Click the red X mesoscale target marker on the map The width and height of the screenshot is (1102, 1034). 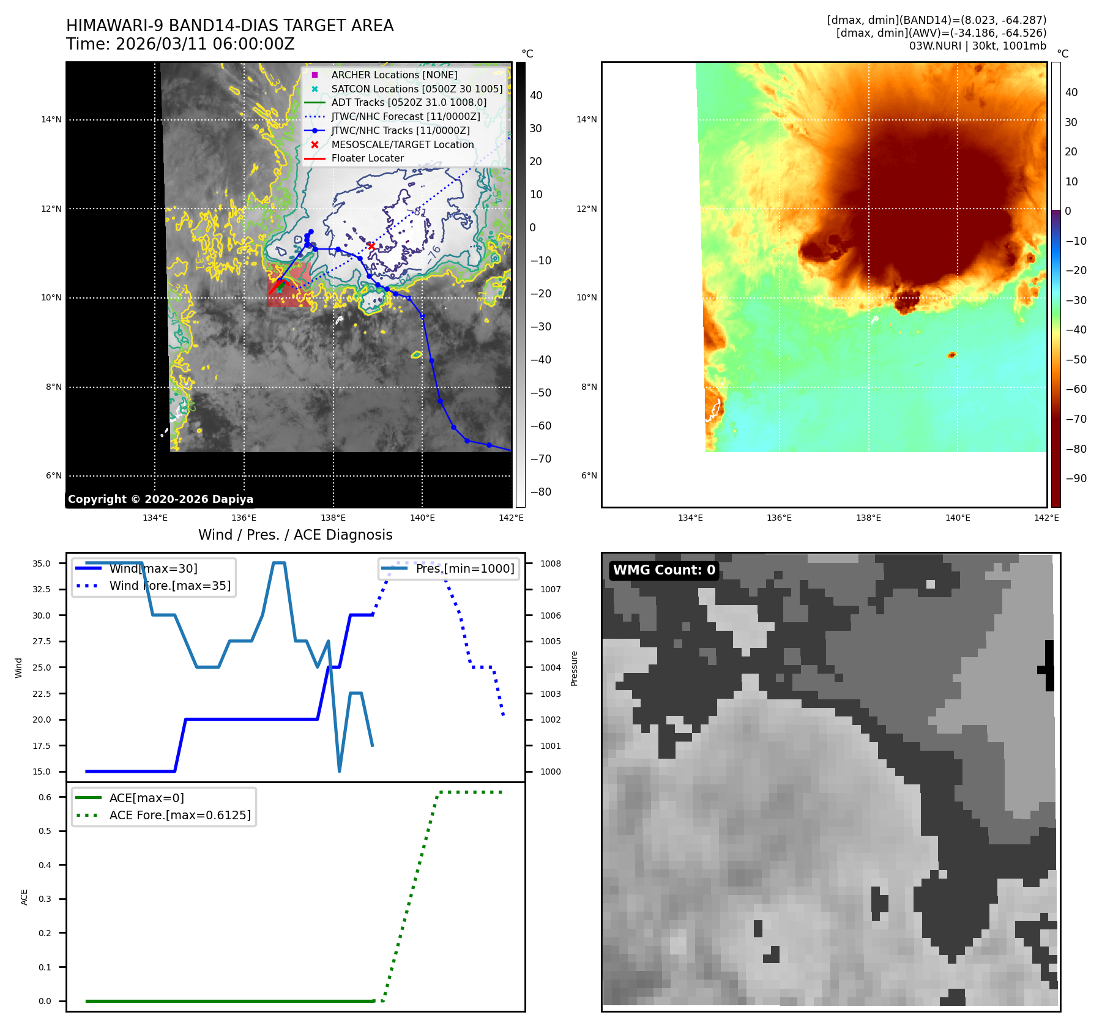coord(371,246)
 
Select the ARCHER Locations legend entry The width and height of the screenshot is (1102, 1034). coord(394,75)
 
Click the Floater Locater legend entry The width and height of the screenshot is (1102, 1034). coord(367,158)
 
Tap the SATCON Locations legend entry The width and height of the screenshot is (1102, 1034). coord(417,89)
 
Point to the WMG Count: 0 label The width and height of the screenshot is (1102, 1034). coord(664,570)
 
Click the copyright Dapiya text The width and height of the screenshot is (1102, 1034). coord(160,499)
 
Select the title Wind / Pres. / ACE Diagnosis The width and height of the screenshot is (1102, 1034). coord(295,535)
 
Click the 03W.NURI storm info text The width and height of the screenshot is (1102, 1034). coord(977,46)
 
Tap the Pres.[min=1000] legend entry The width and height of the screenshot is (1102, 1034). coord(464,568)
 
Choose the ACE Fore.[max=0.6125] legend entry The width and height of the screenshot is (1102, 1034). coord(180,815)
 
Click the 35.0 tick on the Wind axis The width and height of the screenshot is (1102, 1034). coord(42,563)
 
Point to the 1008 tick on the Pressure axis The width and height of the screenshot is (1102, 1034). coord(550,563)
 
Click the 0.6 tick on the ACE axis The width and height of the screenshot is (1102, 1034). coord(45,797)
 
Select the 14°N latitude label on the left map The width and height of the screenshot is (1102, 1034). coord(51,120)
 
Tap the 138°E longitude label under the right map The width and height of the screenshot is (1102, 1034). coord(868,518)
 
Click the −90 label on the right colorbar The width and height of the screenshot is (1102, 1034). coord(1076,478)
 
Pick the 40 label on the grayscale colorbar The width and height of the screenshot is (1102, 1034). coord(536,95)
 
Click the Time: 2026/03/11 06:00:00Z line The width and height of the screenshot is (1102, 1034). coord(181,44)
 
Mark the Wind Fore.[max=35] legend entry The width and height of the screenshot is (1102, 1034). coord(169,586)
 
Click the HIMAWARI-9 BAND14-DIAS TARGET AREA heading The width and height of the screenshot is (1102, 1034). coord(229,26)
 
